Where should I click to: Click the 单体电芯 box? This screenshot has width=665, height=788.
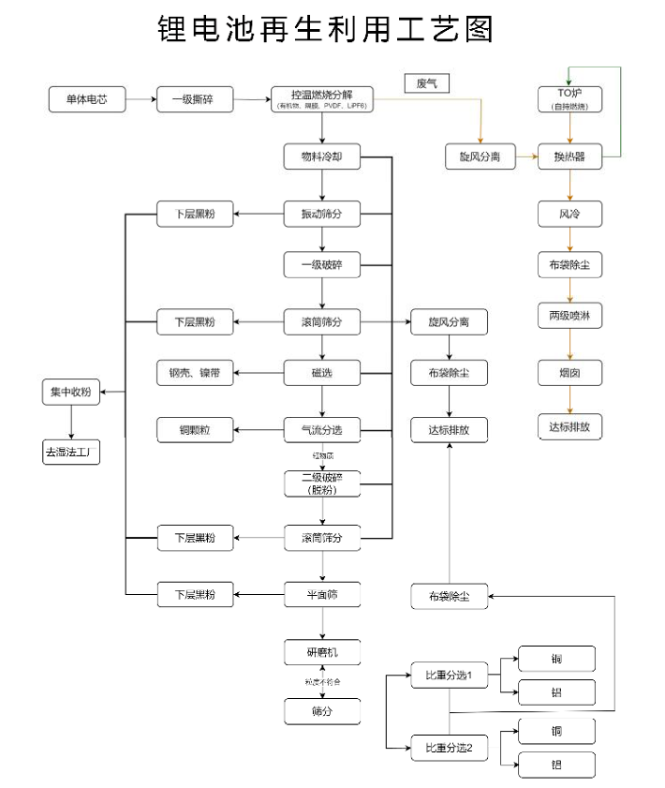pos(87,99)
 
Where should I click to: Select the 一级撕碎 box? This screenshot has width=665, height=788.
pos(195,99)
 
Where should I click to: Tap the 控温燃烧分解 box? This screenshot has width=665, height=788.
pos(321,98)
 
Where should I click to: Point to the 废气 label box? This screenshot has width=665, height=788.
pos(427,83)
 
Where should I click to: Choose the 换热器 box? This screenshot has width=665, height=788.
pos(569,156)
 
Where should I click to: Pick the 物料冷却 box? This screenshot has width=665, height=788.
pos(321,156)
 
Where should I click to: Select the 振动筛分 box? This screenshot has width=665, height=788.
pos(321,215)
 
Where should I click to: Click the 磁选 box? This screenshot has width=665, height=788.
pos(321,374)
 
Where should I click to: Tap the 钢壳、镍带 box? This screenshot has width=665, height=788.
pos(195,374)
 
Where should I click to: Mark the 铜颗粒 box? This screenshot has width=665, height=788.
pos(195,430)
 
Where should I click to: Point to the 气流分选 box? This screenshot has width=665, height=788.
pos(321,430)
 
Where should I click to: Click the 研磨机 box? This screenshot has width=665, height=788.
pos(321,651)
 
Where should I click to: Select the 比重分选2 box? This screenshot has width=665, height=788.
pos(449,748)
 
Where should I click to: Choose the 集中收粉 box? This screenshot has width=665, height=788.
pos(70,393)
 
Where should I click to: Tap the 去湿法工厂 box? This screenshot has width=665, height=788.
pos(70,453)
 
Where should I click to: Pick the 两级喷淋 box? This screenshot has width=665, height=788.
pos(569,317)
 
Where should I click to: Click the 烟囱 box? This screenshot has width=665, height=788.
pos(569,373)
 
